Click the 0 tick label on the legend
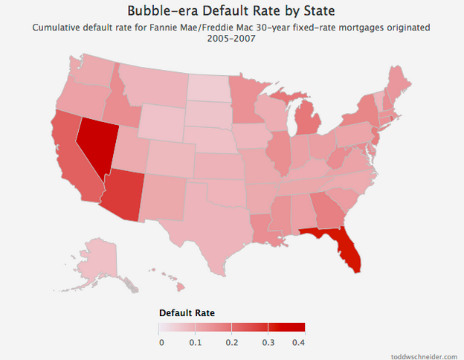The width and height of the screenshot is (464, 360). pos(161,342)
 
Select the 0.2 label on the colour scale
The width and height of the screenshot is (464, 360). pos(231,342)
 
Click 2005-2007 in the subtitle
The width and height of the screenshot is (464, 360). pos(231,38)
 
